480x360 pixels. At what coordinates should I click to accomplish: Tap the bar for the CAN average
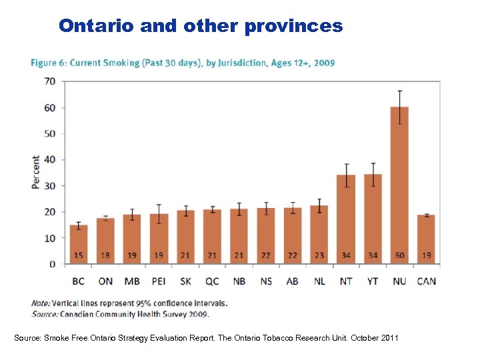pos(426,239)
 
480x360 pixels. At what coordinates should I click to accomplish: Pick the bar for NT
pos(346,219)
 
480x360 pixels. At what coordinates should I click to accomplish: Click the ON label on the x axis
pos(105,281)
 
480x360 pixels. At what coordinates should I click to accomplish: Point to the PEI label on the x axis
pos(159,281)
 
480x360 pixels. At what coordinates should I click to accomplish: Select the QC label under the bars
pos(212,281)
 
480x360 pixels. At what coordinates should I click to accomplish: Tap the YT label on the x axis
pos(373,281)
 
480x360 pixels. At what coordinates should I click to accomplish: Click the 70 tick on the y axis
pos(49,81)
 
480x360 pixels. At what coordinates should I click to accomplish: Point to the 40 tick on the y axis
pos(49,159)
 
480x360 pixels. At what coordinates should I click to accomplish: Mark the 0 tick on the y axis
pos(52,264)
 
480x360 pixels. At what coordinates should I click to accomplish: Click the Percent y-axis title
pos(35,173)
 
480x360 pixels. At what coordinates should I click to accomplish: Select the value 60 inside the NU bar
pos(399,255)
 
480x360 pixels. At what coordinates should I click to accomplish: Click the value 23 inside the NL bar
pos(319,255)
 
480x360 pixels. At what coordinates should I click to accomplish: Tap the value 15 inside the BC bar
pos(79,255)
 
